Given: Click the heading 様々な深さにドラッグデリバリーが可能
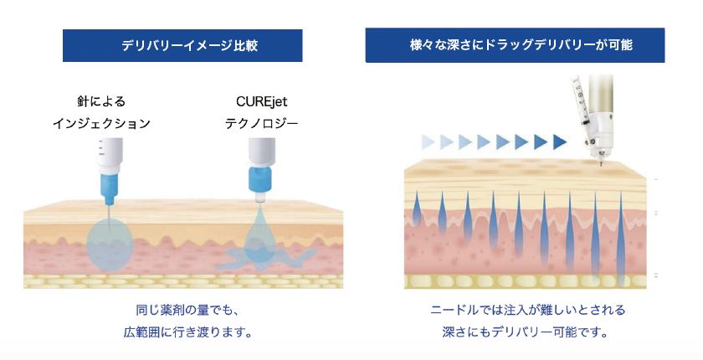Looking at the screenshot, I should (x=515, y=45).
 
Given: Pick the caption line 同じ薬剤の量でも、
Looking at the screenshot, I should (x=182, y=311).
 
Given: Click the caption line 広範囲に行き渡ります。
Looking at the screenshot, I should (x=182, y=332).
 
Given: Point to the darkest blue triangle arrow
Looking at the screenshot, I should (x=559, y=141).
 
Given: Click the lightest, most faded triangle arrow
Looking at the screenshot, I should (x=428, y=141).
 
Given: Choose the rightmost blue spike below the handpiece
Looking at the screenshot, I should (x=620, y=226).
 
